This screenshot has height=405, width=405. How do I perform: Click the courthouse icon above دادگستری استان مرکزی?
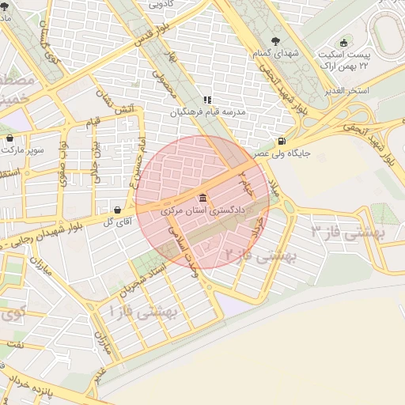point(203,197)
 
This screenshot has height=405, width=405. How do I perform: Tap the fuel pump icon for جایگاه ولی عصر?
point(283,142)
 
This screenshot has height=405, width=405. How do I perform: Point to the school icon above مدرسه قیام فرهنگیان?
point(207,100)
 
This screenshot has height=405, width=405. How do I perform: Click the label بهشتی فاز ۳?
point(346,231)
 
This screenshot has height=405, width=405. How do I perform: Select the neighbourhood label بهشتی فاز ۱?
point(143,311)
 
